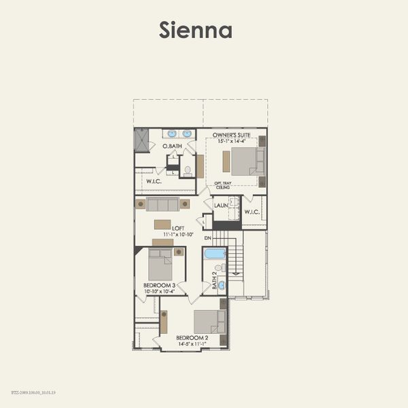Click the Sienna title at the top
(x=196, y=30)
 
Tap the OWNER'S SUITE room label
(x=231, y=135)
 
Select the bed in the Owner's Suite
(x=243, y=162)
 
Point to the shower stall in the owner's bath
(x=141, y=139)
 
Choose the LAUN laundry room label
(x=220, y=205)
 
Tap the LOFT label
(x=178, y=228)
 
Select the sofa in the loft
(x=163, y=204)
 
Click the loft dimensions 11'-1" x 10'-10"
(x=178, y=235)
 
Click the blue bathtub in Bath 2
(x=215, y=254)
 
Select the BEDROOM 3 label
(x=160, y=285)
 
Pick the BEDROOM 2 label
(x=192, y=338)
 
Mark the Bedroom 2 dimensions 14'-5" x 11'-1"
(x=192, y=344)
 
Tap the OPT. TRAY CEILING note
(x=224, y=185)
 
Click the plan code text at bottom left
(x=34, y=392)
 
